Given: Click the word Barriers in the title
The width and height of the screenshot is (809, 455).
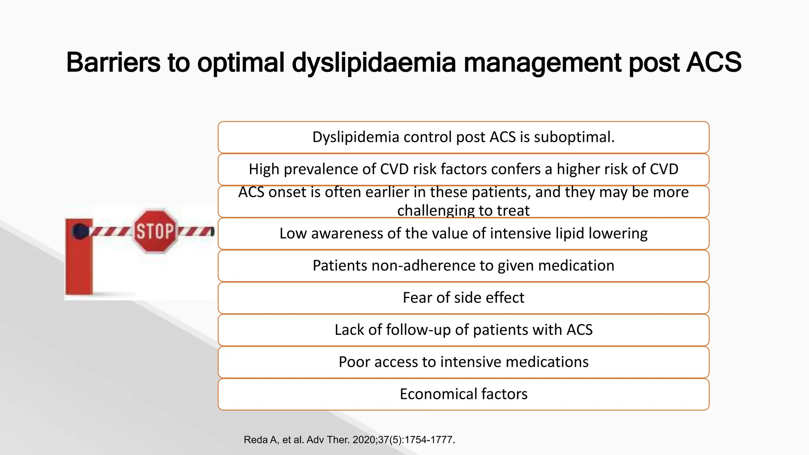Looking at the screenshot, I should click(x=113, y=62).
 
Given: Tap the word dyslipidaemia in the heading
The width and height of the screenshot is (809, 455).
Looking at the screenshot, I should click(x=373, y=62).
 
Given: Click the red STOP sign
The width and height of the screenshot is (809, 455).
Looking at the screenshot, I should click(x=155, y=231).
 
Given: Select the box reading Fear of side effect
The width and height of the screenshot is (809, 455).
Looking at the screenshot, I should click(x=463, y=298).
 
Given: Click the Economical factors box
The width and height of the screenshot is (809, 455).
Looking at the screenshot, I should click(x=463, y=394).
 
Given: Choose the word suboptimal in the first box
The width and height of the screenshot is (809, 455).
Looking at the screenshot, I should click(x=574, y=137).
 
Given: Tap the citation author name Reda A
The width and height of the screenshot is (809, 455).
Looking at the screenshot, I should click(x=261, y=440).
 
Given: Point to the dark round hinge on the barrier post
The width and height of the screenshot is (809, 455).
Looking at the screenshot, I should click(x=81, y=231).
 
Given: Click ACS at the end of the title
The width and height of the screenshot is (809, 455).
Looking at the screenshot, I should click(x=714, y=62).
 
